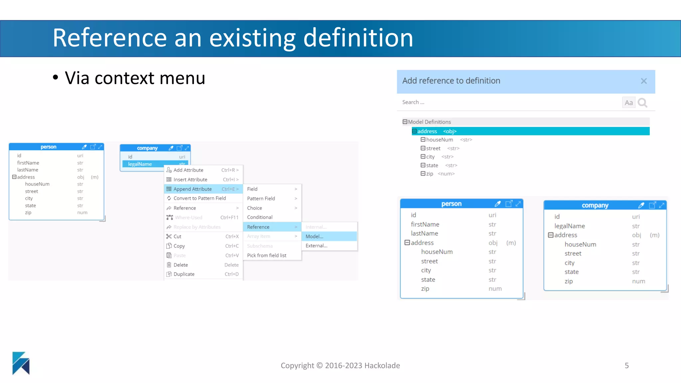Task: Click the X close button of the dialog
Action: [644, 81]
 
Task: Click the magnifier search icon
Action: [642, 103]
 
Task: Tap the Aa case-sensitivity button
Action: [628, 103]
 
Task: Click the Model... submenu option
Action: [314, 236]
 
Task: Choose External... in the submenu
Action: [316, 246]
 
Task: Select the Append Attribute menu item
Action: [193, 189]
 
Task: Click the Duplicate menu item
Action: [184, 274]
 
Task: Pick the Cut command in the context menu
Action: [177, 236]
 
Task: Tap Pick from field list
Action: [267, 255]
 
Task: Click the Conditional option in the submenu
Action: [260, 217]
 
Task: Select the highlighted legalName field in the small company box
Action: [140, 164]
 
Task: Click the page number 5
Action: [626, 366]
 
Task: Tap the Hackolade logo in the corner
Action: [21, 363]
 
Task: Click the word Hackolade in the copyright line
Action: [382, 366]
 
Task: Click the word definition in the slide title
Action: [358, 38]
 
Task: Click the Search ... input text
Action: [413, 102]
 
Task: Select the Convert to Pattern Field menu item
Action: [200, 198]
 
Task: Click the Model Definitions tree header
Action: [429, 122]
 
